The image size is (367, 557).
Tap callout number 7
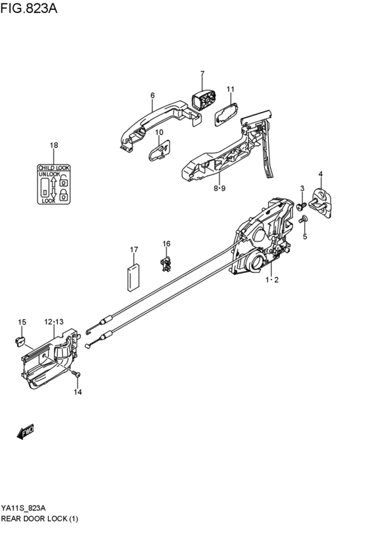point(203,74)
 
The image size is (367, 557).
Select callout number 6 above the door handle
point(152,96)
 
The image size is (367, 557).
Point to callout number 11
point(230,89)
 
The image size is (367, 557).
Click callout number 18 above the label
point(54,145)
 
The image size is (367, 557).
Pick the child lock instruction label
point(54,185)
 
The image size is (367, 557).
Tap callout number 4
point(320,173)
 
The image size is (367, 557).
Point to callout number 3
point(302,189)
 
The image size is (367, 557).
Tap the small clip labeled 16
point(166,264)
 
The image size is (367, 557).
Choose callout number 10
point(159,133)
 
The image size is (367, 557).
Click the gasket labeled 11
point(226,115)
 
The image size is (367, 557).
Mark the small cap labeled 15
point(20,340)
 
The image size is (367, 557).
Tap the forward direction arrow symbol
point(26,431)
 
